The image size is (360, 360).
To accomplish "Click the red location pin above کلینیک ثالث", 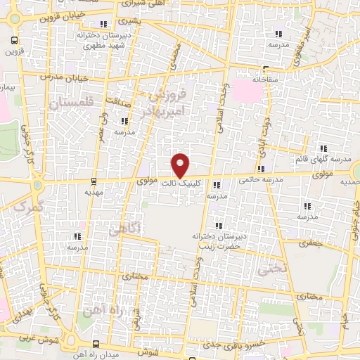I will coord(181,165).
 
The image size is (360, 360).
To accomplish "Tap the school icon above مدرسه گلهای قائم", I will coord(323,148).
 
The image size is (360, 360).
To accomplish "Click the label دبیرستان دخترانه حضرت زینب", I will coord(224,242).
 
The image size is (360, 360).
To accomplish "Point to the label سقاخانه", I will coord(269,79).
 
